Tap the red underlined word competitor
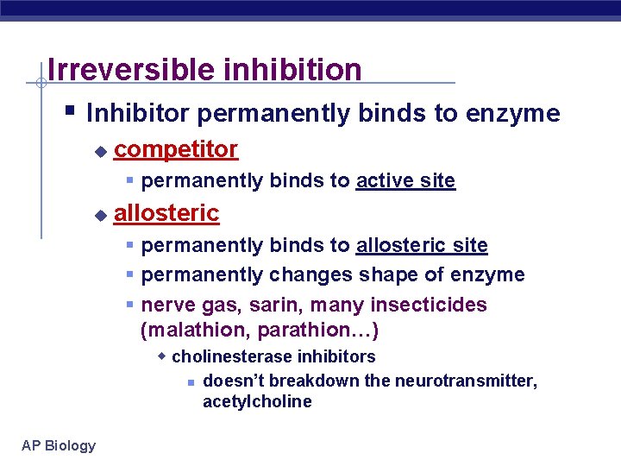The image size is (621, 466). [176, 149]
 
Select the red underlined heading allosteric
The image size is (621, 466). [166, 212]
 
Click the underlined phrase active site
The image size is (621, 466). [405, 180]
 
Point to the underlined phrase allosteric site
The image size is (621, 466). [422, 245]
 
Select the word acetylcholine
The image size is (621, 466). [257, 401]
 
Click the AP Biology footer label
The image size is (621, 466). [59, 445]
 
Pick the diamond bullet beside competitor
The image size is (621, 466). [100, 151]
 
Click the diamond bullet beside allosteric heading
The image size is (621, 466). [100, 214]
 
